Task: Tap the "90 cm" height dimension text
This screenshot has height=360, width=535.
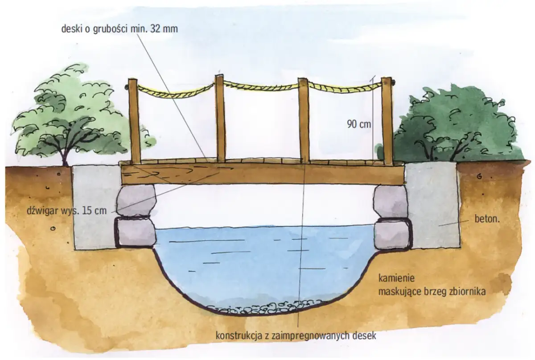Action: point(359,124)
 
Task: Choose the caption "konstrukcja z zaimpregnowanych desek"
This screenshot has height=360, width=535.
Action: point(296,335)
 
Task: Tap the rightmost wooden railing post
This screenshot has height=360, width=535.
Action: point(387,120)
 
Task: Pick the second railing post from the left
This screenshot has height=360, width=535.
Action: point(220,118)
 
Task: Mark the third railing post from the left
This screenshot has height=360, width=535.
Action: point(304,120)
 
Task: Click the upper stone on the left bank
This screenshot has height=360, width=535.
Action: point(136,199)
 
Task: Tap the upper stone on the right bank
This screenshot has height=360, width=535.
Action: point(391,201)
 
